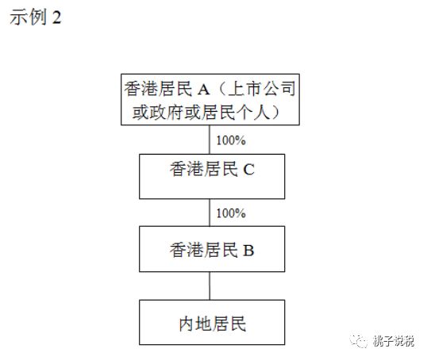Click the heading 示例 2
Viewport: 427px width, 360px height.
tap(36, 17)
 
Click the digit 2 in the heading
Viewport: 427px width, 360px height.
tap(56, 17)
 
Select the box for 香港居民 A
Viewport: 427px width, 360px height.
tap(210, 100)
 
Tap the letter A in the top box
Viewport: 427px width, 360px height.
tap(204, 90)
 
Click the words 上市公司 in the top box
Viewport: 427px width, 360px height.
tap(262, 89)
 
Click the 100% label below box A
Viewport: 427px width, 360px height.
tap(231, 140)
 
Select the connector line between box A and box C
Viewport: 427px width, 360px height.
tap(210, 140)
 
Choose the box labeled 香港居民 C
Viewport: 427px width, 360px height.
tap(212, 177)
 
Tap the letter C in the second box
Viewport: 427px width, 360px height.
tap(248, 170)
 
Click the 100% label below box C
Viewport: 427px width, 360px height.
tap(231, 213)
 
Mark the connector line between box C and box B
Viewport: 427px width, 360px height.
tap(210, 213)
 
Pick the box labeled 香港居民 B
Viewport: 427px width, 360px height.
tap(212, 249)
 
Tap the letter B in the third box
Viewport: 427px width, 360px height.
tap(248, 251)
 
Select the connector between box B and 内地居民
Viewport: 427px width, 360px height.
tap(210, 285)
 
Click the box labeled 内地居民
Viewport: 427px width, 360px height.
tap(212, 323)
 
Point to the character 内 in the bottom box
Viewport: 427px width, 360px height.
tap(187, 324)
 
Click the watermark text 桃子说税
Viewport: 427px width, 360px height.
tap(394, 341)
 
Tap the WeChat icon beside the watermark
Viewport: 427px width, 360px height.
tap(359, 341)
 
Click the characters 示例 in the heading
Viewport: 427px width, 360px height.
tap(29, 17)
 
